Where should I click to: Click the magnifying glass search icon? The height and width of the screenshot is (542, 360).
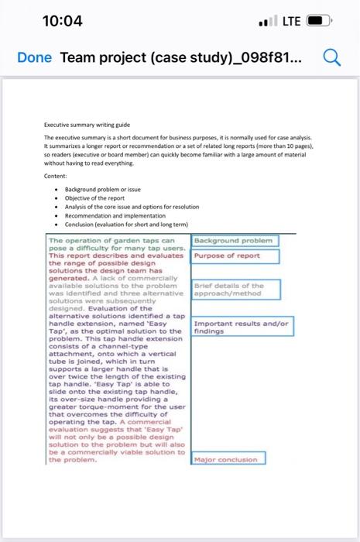point(332,58)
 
